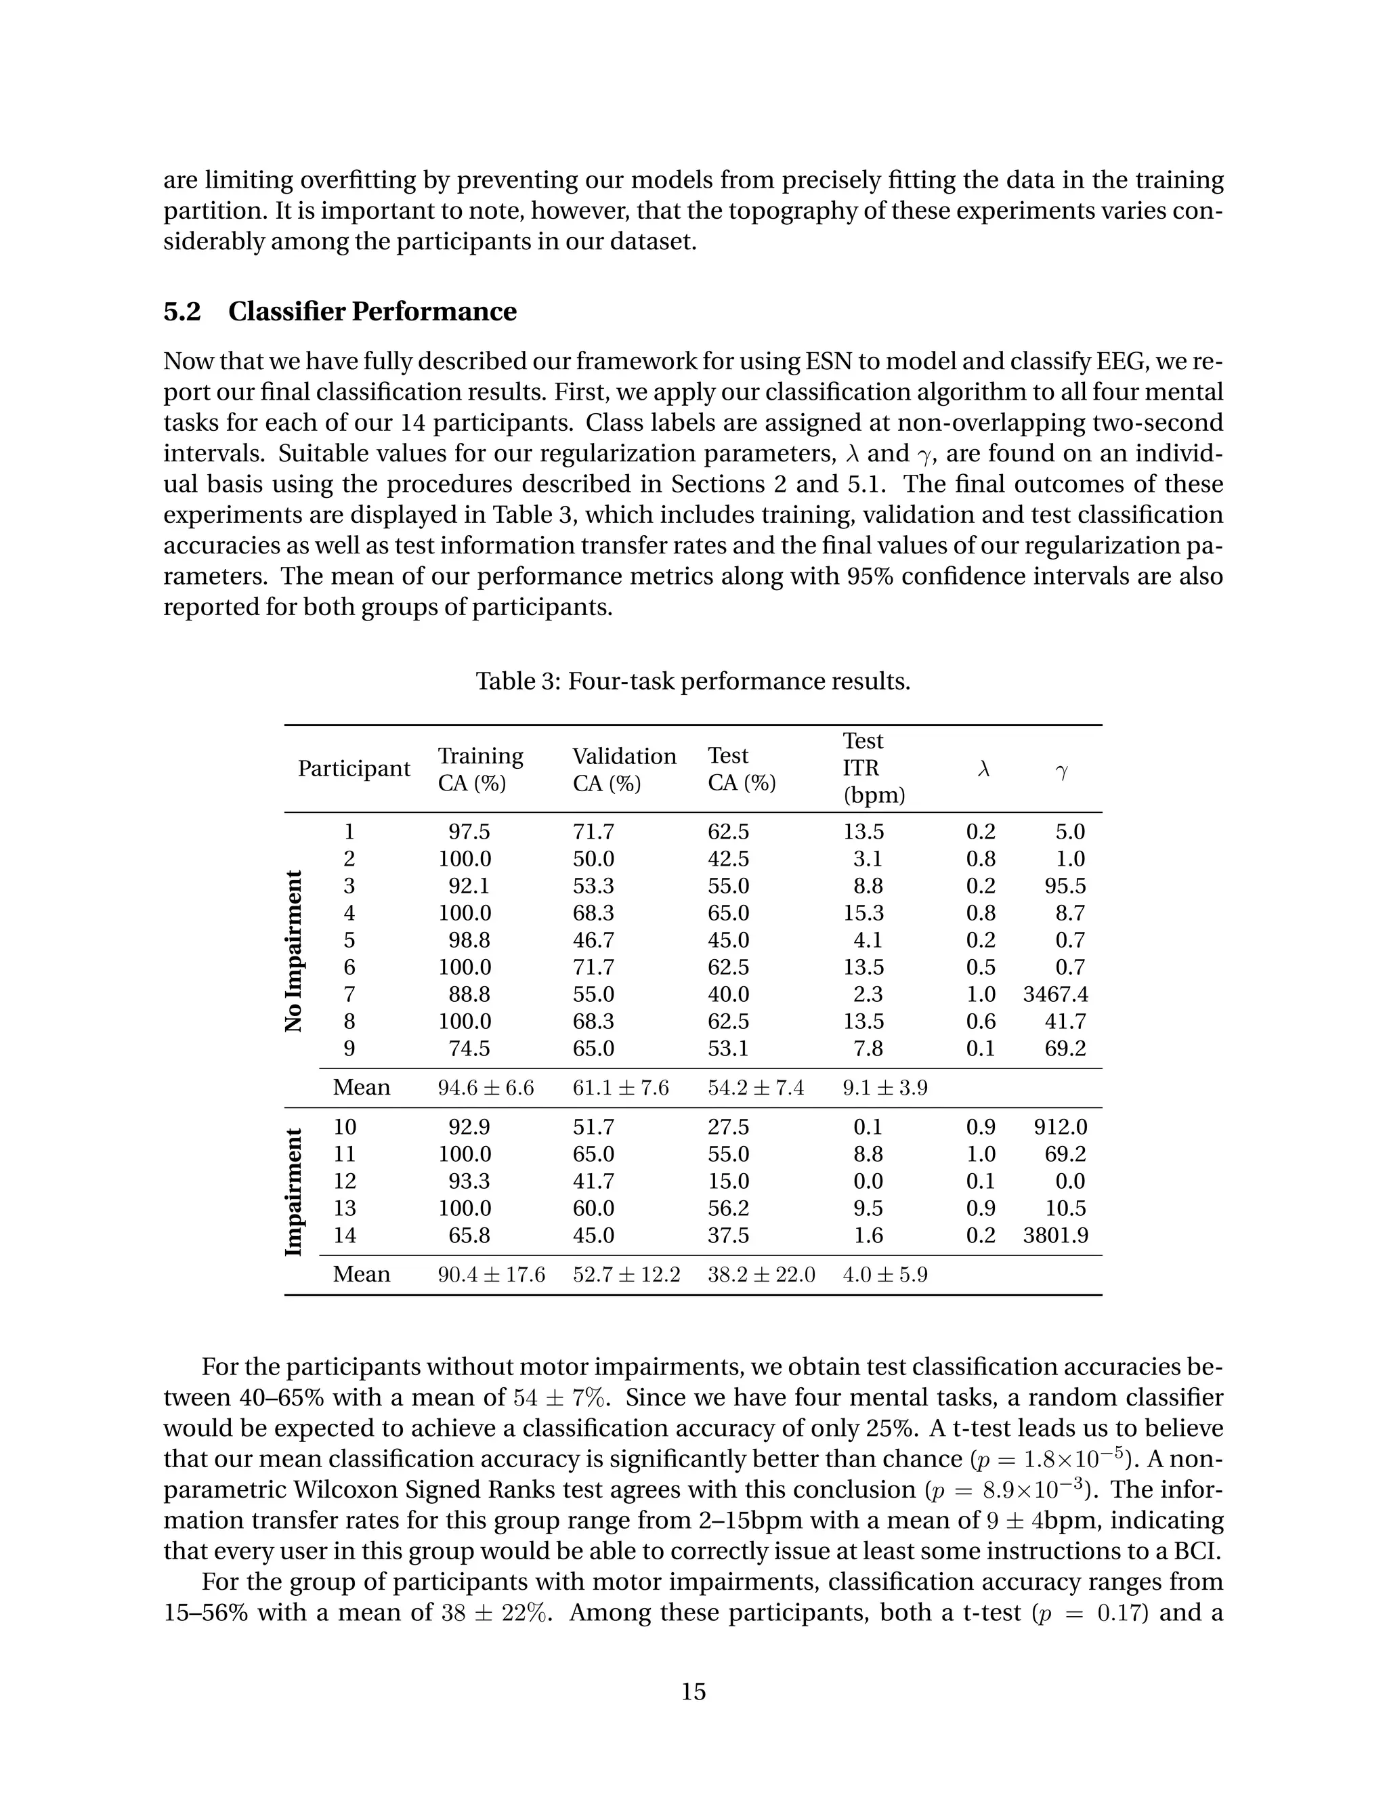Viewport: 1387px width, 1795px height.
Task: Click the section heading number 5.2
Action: click(182, 312)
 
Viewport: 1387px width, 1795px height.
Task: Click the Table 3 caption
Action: click(693, 681)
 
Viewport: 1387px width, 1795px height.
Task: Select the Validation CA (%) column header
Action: click(624, 769)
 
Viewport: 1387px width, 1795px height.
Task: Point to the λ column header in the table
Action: click(983, 769)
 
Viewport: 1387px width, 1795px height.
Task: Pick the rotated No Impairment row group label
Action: click(294, 952)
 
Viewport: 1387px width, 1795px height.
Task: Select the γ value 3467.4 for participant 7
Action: click(1055, 994)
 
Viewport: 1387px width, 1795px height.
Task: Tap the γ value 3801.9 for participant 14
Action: click(1055, 1236)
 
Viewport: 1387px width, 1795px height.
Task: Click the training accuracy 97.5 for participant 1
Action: click(469, 832)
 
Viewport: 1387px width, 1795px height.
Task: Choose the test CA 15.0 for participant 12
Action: click(728, 1181)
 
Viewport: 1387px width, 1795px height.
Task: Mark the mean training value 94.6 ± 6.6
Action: click(486, 1089)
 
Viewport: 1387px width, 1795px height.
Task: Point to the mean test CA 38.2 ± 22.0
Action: click(761, 1275)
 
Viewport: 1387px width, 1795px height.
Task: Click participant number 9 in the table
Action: click(349, 1049)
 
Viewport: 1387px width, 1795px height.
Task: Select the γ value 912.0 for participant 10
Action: click(1060, 1127)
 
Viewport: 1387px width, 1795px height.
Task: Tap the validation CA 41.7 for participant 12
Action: click(593, 1181)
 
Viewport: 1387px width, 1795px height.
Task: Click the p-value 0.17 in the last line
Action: click(1122, 1613)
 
